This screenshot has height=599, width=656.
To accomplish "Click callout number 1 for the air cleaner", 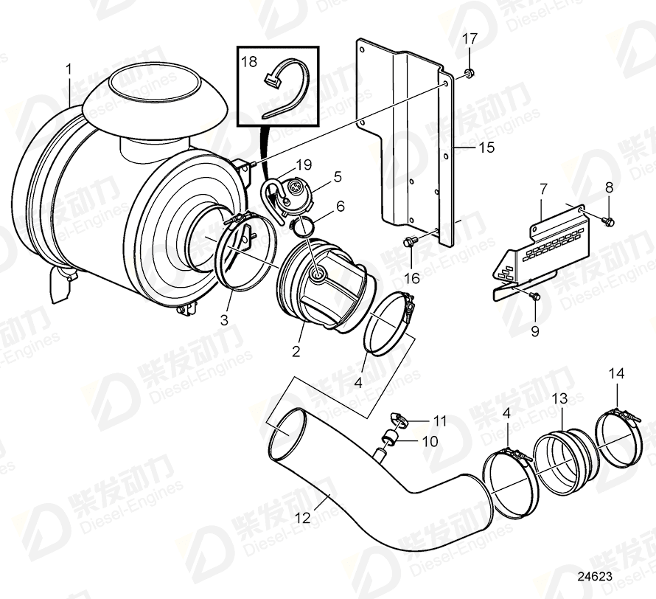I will coord(69,69).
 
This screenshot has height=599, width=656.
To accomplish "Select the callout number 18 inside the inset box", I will coord(250,62).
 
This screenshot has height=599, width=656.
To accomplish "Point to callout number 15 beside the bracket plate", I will coord(487,148).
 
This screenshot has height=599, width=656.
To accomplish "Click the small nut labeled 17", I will coord(470,74).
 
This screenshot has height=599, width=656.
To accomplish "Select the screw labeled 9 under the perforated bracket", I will coord(534,296).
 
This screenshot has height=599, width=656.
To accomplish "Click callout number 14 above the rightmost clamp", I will coord(616,374).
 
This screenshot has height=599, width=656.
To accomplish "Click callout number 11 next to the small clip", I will coord(440,421).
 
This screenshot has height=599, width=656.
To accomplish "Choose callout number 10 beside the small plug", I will coord(430,441).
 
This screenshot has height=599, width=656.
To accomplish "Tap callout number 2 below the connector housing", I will coord(296,351).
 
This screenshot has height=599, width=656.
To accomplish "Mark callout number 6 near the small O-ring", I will coord(340,207).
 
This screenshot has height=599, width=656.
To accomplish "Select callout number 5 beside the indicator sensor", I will coord(338,176).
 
